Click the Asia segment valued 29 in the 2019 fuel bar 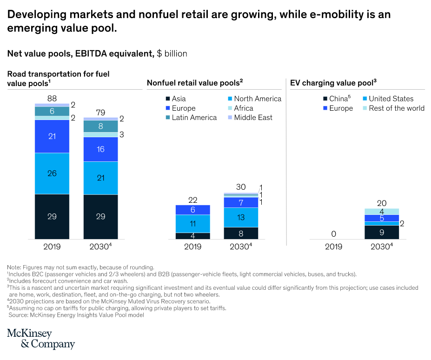coord(52,216)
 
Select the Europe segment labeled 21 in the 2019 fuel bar coord(52,136)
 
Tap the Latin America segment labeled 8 coord(100,126)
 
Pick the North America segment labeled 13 coord(241,217)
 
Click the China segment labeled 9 coord(382,232)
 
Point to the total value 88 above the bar coord(52,98)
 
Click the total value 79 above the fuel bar coord(100,112)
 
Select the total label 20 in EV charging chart coord(382,203)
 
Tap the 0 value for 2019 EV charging coord(333,234)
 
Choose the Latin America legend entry coord(190,118)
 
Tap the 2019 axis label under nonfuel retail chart coord(192,246)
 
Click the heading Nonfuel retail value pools coord(195,83)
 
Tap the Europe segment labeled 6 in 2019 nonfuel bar coord(192,210)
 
